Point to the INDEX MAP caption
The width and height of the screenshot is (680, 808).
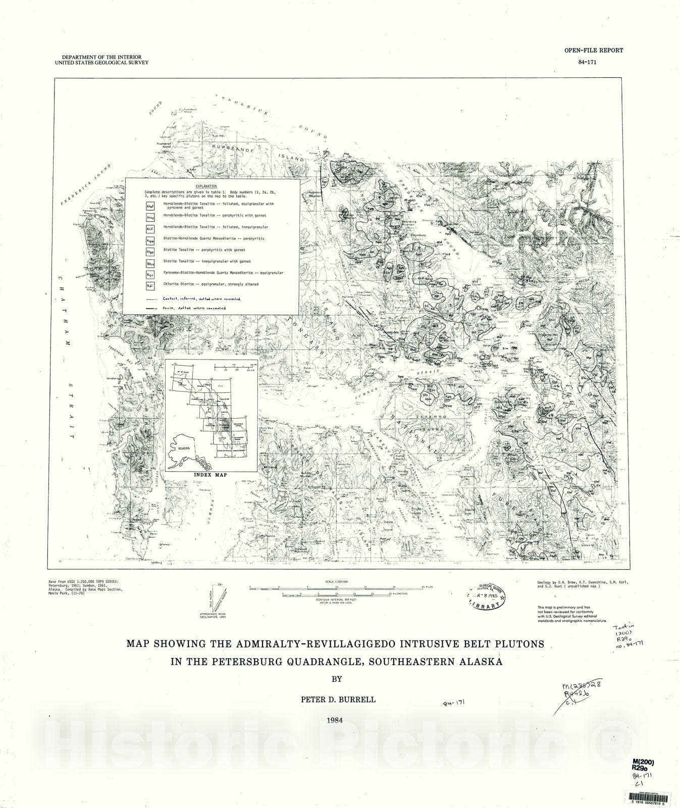(x=211, y=475)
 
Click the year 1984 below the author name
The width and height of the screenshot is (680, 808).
(x=335, y=721)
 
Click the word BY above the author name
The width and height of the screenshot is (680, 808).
(x=336, y=679)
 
